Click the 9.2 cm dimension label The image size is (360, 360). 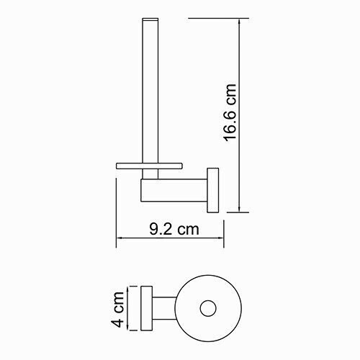[173, 230]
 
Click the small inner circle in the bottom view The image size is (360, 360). [208, 308]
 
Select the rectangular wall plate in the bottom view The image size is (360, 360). [147, 308]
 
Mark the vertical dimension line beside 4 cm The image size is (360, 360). [129, 308]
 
